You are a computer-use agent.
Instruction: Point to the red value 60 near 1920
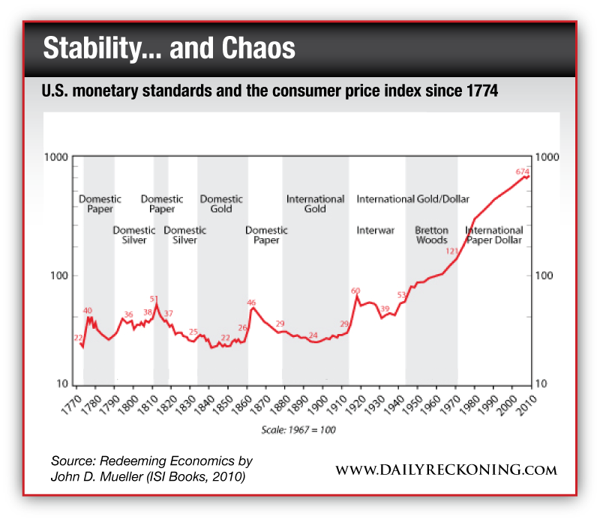click(355, 291)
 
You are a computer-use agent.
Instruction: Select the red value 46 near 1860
click(252, 303)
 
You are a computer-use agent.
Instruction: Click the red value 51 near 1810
click(154, 298)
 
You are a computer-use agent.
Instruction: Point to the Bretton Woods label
click(431, 235)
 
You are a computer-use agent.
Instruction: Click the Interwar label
click(375, 231)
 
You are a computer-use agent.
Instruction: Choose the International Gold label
click(315, 204)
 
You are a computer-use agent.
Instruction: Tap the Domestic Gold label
click(221, 204)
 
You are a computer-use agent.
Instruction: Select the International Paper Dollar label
click(494, 235)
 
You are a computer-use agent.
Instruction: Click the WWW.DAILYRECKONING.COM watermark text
click(445, 470)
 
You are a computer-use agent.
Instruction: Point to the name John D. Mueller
click(95, 476)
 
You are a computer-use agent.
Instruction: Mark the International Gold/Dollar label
click(412, 199)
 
